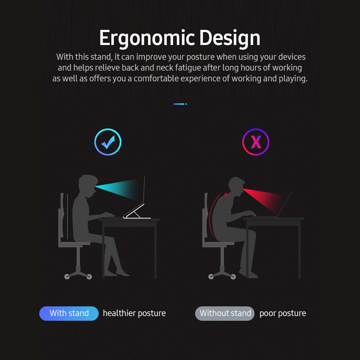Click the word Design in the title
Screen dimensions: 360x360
230,38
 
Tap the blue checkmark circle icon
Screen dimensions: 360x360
108,142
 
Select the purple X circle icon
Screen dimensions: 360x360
256,142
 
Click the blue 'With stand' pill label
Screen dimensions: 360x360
69,313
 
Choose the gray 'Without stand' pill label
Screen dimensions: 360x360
225,313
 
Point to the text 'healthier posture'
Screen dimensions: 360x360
134,313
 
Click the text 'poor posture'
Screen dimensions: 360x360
283,313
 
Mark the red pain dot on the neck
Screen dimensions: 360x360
226,195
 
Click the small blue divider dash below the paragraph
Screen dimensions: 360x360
180,104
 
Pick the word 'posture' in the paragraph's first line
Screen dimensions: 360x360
200,57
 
